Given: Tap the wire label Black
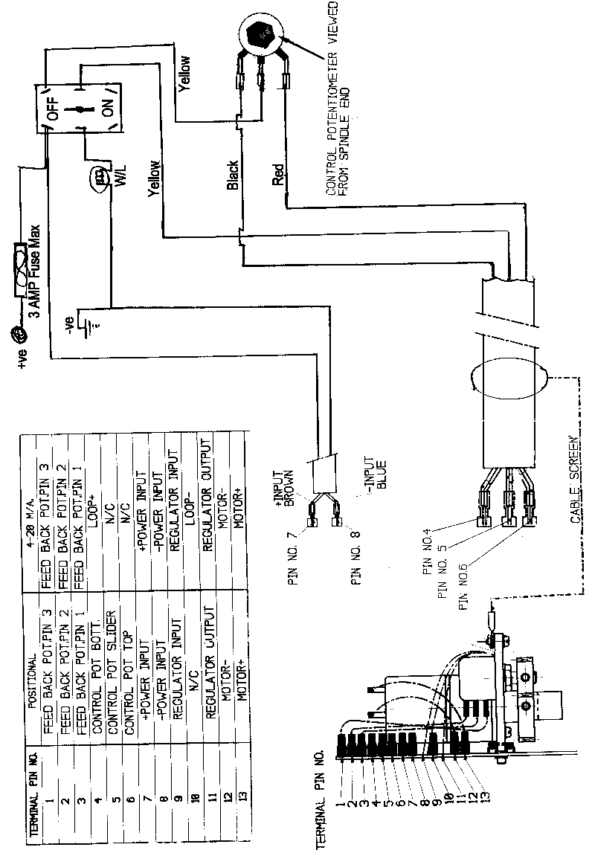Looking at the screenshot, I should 232,175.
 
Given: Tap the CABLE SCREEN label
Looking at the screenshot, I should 575,480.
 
